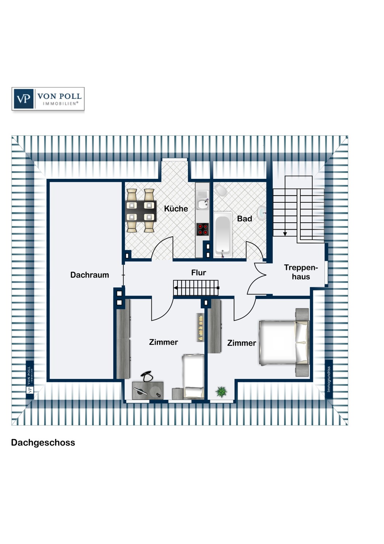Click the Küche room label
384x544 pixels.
176,209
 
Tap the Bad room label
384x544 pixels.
245,219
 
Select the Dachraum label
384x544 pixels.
89,275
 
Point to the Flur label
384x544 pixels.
199,272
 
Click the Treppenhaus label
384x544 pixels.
301,272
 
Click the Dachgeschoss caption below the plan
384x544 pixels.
43,442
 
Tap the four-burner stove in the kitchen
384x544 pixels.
203,229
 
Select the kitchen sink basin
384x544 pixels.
202,204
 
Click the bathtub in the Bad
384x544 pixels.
223,235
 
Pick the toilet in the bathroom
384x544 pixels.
221,190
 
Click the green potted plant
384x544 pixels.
221,392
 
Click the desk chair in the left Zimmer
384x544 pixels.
147,376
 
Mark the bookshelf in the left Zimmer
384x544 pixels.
200,327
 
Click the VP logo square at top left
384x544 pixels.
24,99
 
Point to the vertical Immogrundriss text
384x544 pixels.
329,379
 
